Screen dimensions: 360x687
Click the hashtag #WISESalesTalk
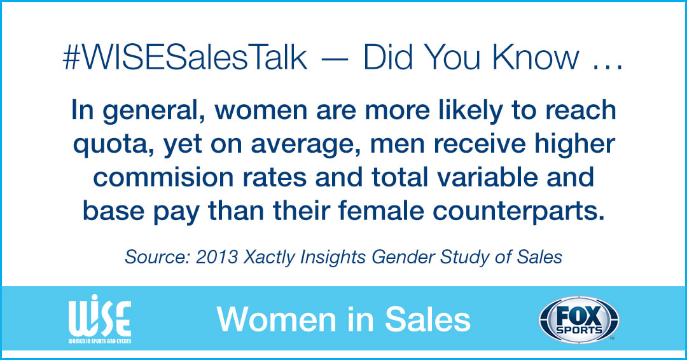[x=184, y=59]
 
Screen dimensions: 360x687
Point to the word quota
[x=108, y=144]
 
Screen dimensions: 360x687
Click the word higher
[x=572, y=144]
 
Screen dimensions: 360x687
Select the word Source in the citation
[x=151, y=257]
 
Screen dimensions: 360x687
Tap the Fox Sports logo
[x=578, y=320]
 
